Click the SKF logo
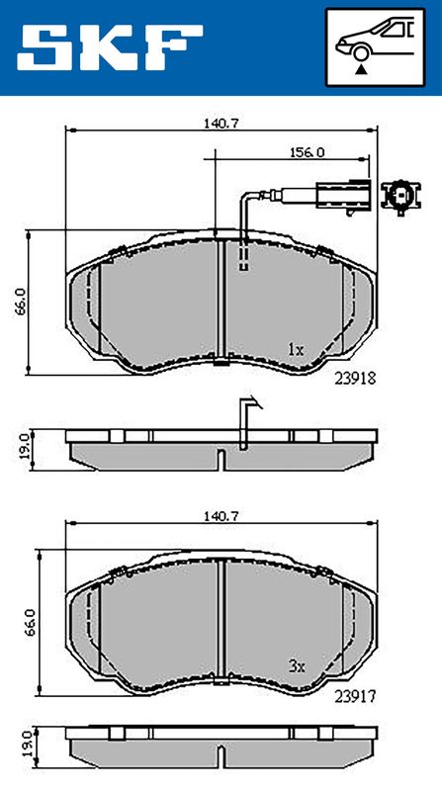point(110,47)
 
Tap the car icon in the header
point(375,40)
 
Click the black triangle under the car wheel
point(360,70)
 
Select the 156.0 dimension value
point(307,152)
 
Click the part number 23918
point(355,379)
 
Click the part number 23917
point(355,697)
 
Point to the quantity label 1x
point(296,349)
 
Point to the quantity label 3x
point(297,666)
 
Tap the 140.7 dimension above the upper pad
point(221,123)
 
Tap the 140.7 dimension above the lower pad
point(221,515)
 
